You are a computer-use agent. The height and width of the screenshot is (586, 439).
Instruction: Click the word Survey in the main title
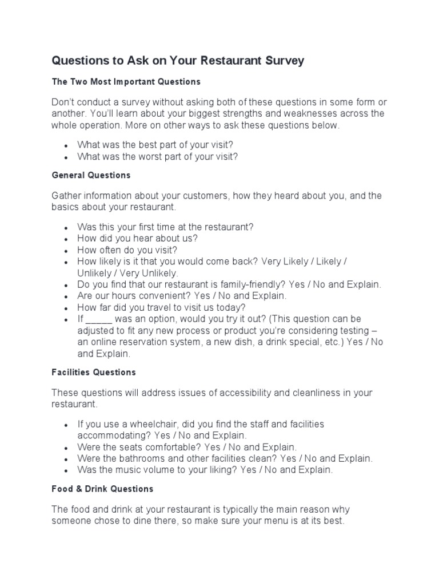pos(284,61)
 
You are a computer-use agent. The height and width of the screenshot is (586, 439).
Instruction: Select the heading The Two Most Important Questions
pos(126,82)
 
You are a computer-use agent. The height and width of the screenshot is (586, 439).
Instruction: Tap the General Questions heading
pos(91,175)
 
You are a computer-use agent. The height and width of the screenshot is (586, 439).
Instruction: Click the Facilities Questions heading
pos(94,372)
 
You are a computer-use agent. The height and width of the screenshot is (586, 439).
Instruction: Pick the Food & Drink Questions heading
pos(102,489)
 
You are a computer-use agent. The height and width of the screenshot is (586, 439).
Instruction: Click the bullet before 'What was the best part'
pos(66,145)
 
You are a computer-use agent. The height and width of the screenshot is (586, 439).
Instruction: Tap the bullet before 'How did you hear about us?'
pos(66,239)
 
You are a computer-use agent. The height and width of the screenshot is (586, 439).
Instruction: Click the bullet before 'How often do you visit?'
pos(66,250)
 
